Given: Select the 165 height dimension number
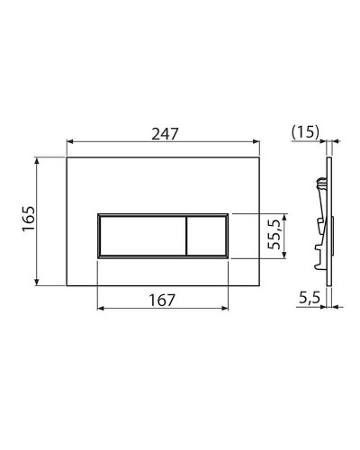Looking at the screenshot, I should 27,217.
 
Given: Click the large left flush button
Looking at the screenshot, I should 139,238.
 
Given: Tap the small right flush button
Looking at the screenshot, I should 206,238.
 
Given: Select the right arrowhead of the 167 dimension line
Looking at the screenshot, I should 228,309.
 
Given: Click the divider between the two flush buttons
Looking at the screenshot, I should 184,238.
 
